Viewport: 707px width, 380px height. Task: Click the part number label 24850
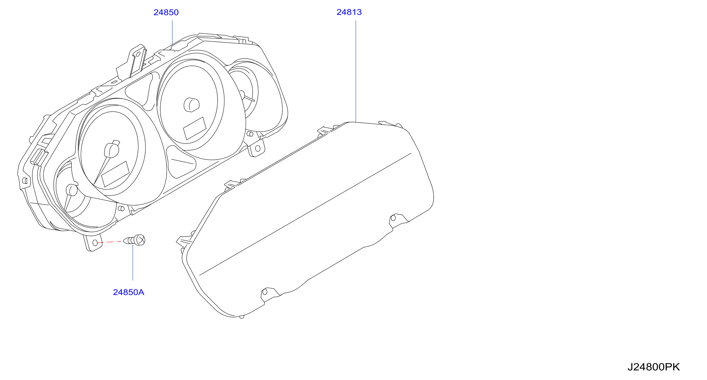(166, 12)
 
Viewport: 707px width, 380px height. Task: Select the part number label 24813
(349, 12)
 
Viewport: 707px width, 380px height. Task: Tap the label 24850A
(128, 292)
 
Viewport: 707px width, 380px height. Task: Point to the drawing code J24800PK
(654, 367)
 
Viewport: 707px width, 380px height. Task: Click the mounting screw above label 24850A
(134, 240)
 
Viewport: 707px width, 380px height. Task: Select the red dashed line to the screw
(109, 242)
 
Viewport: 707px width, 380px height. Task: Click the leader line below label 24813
(356, 71)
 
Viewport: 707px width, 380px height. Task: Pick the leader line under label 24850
(172, 33)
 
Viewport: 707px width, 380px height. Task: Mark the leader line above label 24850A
(133, 262)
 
